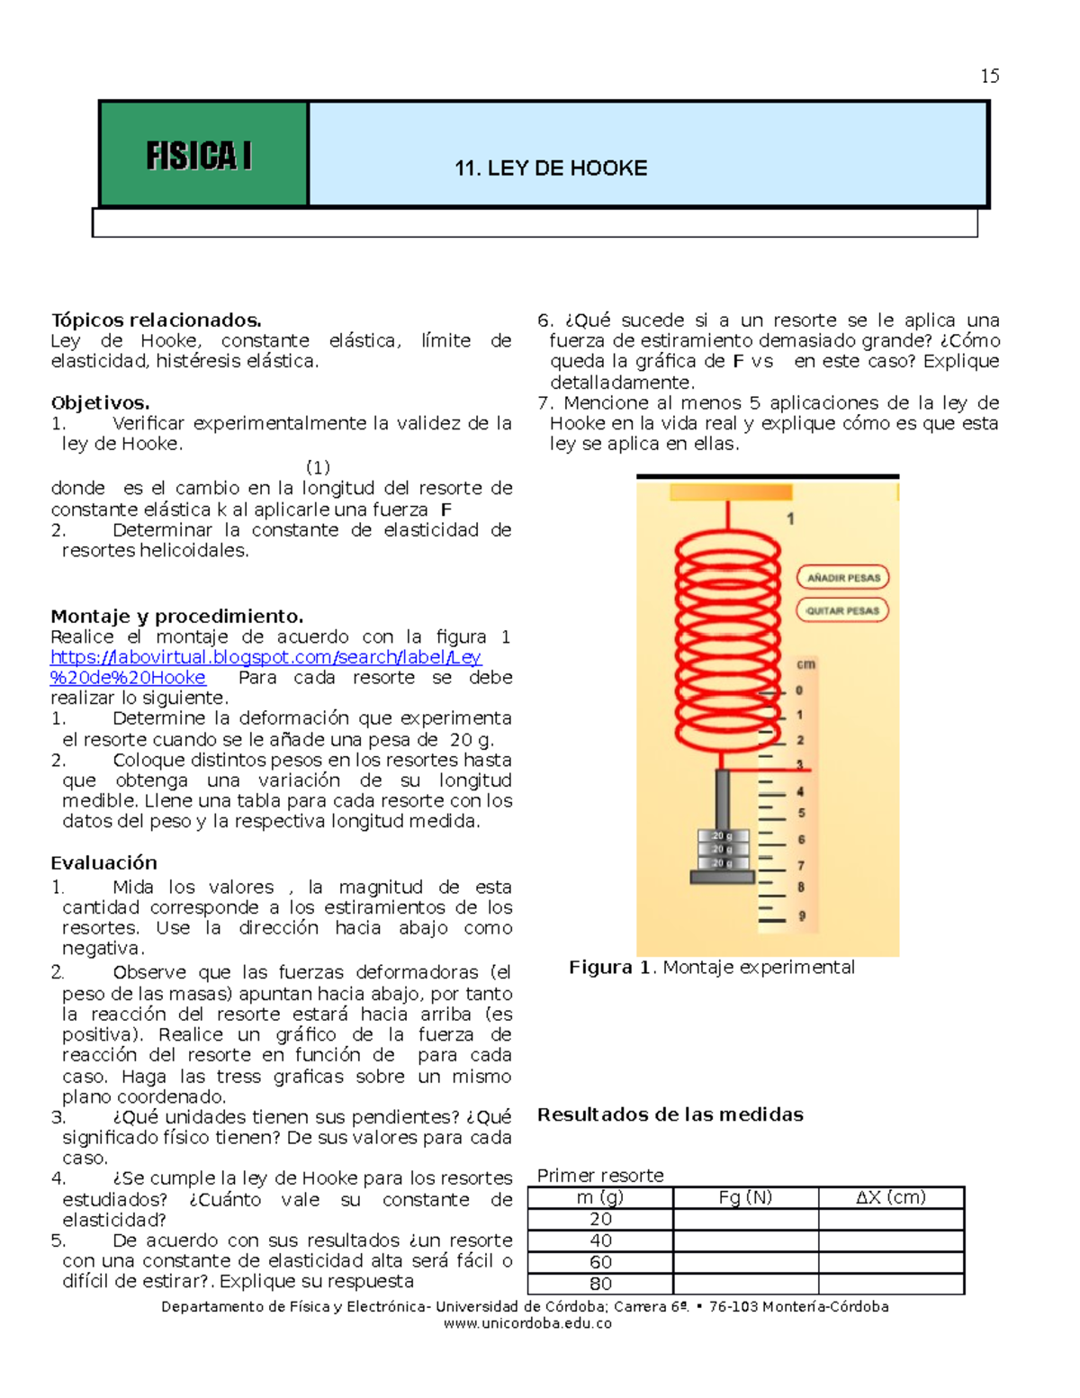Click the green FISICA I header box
(x=203, y=155)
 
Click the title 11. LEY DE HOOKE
(x=551, y=168)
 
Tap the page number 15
(x=989, y=77)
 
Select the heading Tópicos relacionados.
(x=156, y=320)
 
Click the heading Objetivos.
(x=100, y=402)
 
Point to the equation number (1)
(x=318, y=467)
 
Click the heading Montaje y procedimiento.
(x=176, y=617)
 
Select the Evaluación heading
(x=103, y=862)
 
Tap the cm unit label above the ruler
(x=805, y=664)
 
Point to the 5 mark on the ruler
(x=801, y=813)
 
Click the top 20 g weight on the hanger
(x=723, y=836)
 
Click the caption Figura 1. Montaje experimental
(x=711, y=968)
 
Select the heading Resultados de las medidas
(x=670, y=1114)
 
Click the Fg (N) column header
(x=745, y=1197)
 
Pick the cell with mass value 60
(x=600, y=1262)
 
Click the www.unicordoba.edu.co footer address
(x=527, y=1323)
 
